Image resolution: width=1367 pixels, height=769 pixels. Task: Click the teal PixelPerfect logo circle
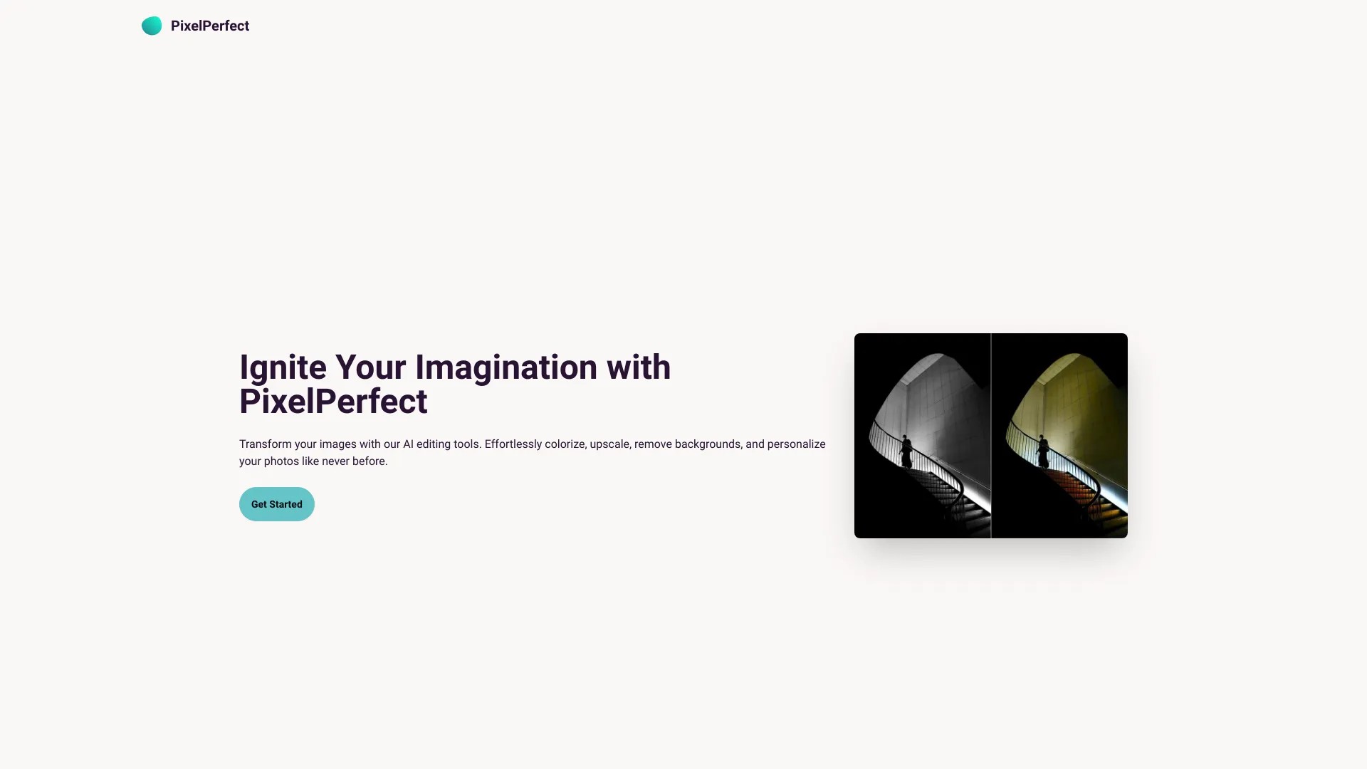152,26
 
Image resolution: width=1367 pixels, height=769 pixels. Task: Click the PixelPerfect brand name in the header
210,26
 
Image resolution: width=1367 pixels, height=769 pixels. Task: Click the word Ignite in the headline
283,368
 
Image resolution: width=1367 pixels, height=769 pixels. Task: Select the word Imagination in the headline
506,368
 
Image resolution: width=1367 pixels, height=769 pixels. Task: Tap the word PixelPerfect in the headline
333,402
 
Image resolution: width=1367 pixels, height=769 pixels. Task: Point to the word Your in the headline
371,367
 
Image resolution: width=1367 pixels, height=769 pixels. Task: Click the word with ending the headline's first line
639,367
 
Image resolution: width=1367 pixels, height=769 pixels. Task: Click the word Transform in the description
265,444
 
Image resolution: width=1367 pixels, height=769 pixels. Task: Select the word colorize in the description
565,444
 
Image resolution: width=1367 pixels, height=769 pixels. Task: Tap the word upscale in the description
610,445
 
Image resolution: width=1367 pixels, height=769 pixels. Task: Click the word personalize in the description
796,445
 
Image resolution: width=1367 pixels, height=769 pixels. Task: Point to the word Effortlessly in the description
513,445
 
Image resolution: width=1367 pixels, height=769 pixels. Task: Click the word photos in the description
281,461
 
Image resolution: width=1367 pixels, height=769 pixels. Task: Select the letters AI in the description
408,444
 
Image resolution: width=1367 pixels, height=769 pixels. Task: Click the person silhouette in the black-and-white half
906,452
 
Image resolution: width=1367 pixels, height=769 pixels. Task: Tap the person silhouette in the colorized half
1043,452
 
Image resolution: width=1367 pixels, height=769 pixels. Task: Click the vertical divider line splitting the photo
991,436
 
